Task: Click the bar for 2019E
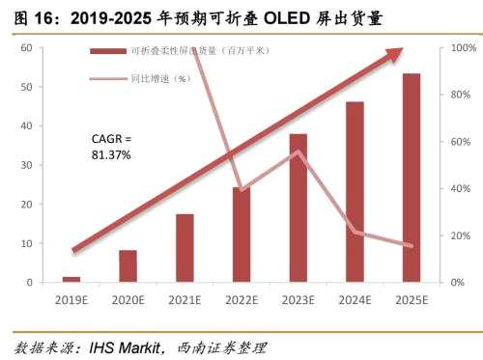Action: coord(71,279)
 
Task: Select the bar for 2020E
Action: coord(128,265)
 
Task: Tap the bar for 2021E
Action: coord(185,247)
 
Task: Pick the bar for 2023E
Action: coord(298,208)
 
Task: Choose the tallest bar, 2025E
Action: coord(412,178)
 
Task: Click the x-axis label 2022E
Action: coord(241,300)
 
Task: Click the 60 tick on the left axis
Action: coord(26,47)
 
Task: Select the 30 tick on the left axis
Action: coord(26,165)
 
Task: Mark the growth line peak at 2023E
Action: coord(298,152)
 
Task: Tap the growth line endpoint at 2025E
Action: coord(412,246)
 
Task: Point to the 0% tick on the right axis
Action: coord(458,282)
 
